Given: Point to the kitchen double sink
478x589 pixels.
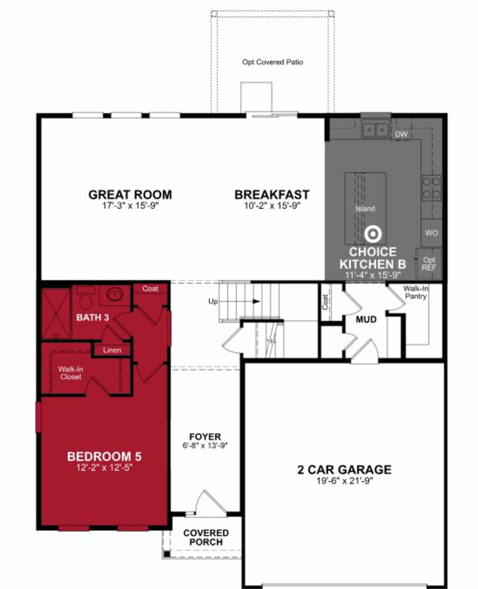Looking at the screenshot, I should pyautogui.click(x=375, y=129).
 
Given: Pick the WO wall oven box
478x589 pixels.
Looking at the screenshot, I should pyautogui.click(x=431, y=233).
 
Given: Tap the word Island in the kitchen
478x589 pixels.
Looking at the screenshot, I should pyautogui.click(x=365, y=208).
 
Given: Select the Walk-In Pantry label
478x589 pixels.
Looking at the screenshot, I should pyautogui.click(x=416, y=292).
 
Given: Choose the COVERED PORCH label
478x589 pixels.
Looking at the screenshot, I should pyautogui.click(x=206, y=537).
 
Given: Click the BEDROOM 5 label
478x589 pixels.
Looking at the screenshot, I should pyautogui.click(x=104, y=456).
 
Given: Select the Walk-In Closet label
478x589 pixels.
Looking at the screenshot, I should pyautogui.click(x=70, y=373).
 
